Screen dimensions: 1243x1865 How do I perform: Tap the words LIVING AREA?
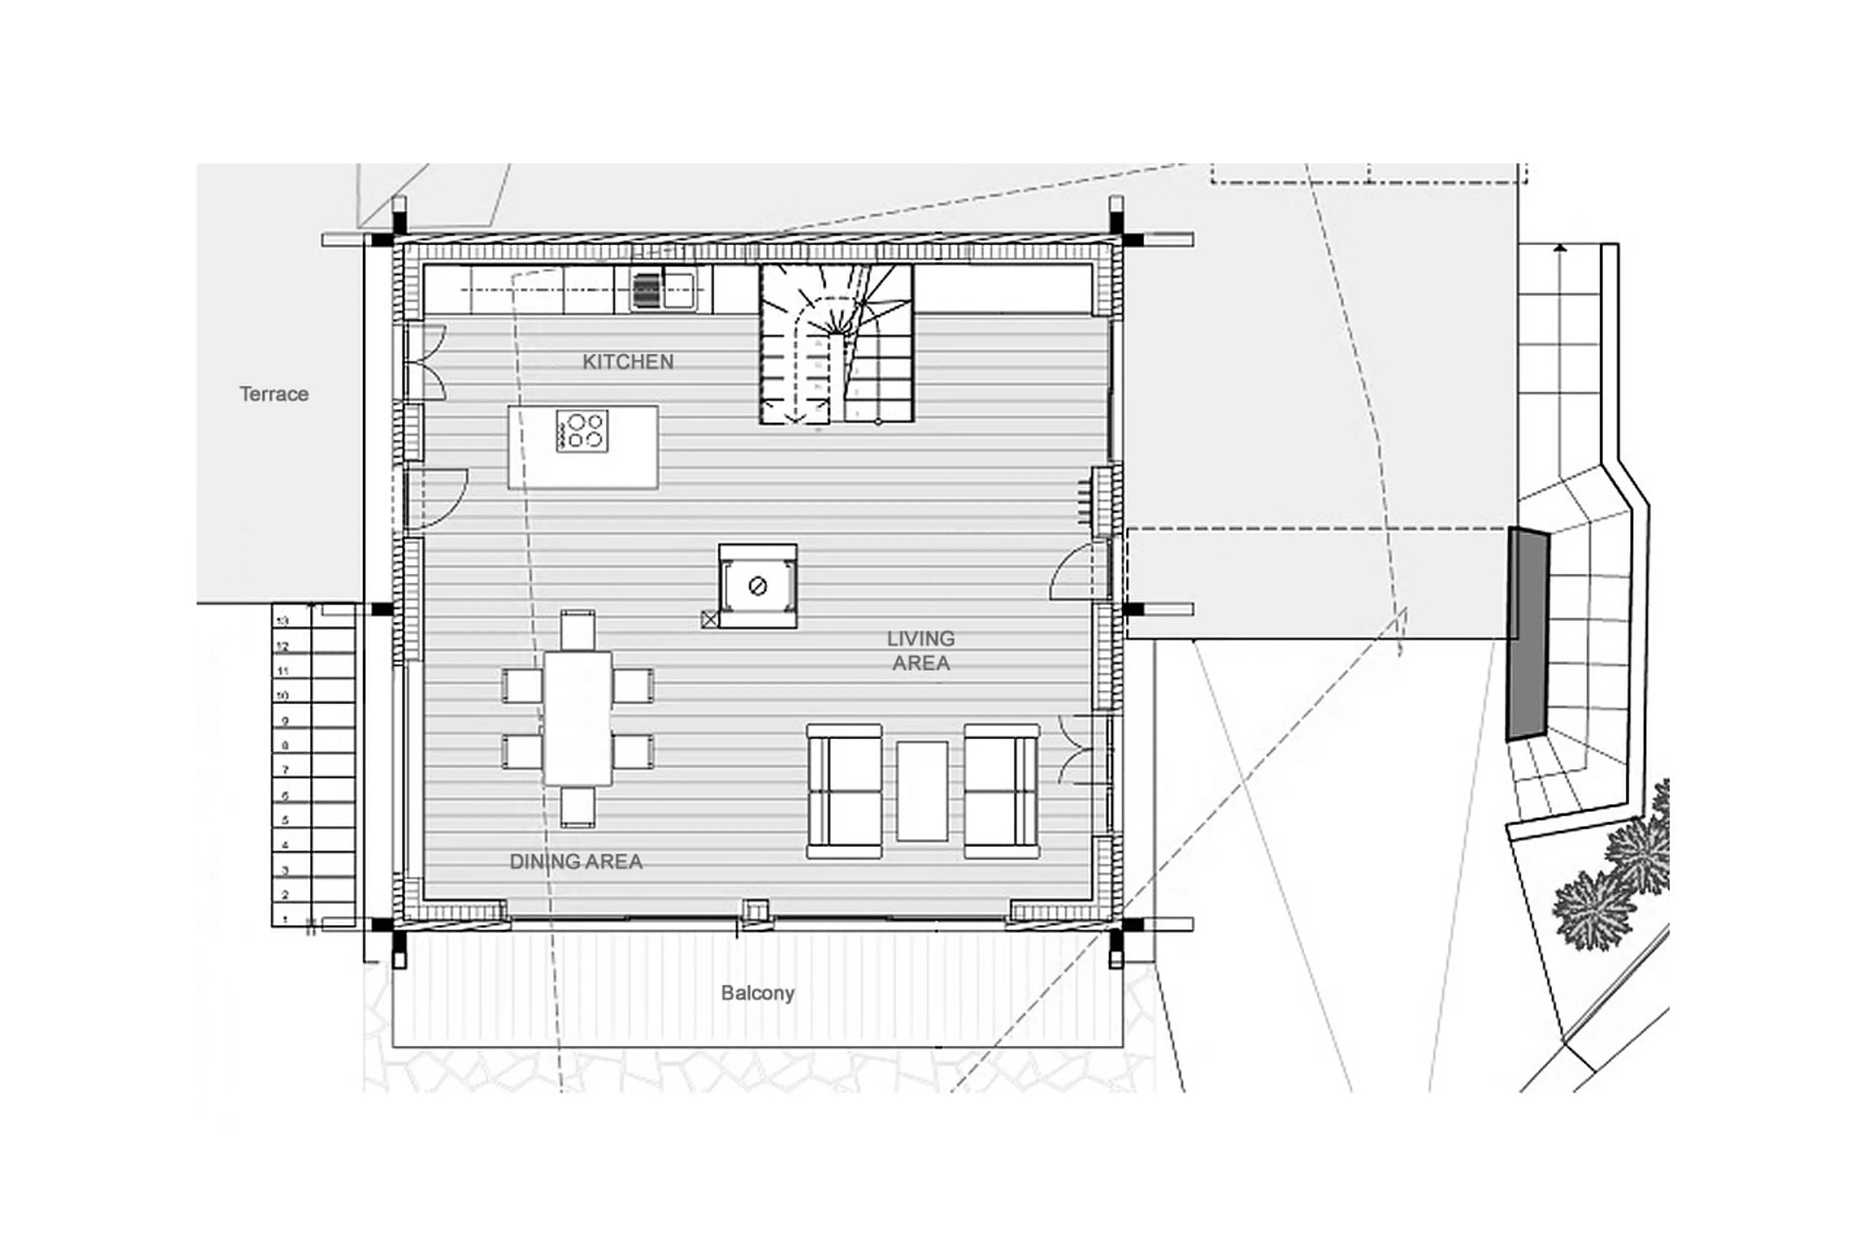920,650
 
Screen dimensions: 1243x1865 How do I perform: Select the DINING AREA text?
576,862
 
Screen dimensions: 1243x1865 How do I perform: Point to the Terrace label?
273,394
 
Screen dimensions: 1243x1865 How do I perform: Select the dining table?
577,718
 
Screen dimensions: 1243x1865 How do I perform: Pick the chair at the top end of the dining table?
577,630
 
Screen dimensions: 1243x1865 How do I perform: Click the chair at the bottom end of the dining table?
577,807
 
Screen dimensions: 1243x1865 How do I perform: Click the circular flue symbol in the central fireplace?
757,587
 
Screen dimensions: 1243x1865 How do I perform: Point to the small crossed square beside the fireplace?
710,619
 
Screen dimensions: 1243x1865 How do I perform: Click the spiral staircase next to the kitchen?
836,343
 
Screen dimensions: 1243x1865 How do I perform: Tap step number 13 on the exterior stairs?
284,621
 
